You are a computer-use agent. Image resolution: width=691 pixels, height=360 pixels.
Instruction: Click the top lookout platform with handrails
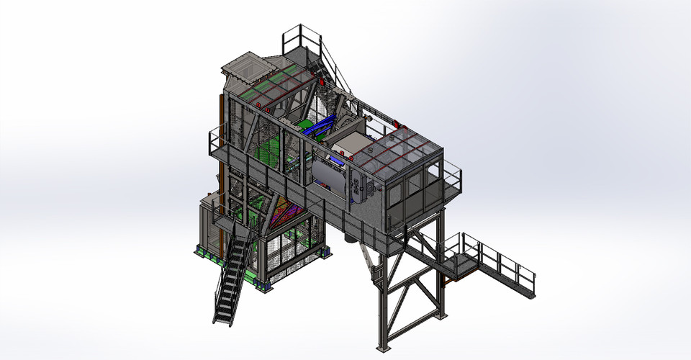301,45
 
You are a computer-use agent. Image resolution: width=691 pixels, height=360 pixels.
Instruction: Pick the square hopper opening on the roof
242,68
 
